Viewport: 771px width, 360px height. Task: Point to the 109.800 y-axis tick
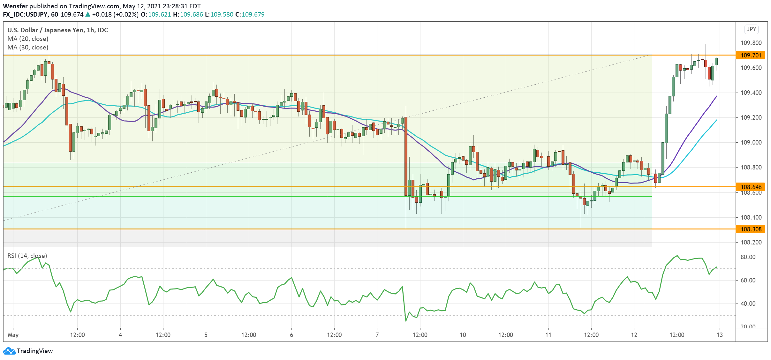751,43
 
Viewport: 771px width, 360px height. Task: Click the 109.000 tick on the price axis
751,142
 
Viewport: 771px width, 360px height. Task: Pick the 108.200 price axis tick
751,242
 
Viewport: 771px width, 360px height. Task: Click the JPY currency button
751,29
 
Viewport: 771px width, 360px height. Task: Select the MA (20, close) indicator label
28,39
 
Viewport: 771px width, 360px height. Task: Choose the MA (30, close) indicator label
28,47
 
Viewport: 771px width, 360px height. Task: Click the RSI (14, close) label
27,256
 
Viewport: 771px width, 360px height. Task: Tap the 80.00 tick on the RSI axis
748,257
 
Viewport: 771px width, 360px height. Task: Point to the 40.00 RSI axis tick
748,304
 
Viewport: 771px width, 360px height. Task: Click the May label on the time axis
13,335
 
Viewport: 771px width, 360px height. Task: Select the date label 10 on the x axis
463,335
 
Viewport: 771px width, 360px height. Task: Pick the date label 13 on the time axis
720,335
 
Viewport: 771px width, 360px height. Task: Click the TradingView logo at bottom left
28,351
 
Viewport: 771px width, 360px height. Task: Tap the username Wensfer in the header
15,6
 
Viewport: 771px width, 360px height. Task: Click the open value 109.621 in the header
159,14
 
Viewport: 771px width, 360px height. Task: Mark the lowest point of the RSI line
406,321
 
